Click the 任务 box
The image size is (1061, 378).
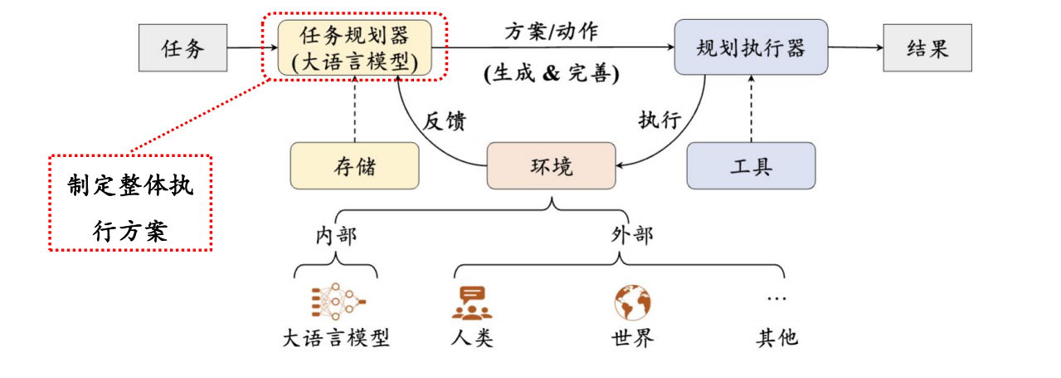click(183, 48)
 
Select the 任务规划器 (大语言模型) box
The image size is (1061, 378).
click(355, 48)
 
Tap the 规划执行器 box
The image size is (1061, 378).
click(751, 48)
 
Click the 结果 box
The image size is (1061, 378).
click(927, 48)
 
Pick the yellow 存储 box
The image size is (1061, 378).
click(355, 165)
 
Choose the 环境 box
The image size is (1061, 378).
click(551, 165)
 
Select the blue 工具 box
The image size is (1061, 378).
click(751, 165)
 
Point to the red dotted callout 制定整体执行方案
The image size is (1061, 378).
click(130, 202)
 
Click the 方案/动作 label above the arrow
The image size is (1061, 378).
click(551, 32)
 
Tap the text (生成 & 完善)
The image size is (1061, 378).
click(551, 73)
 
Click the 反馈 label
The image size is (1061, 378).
click(445, 120)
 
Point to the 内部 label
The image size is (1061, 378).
click(335, 235)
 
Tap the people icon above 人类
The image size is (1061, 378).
click(472, 302)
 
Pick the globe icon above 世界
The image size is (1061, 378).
click(632, 302)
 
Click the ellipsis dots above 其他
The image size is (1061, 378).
click(776, 297)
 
